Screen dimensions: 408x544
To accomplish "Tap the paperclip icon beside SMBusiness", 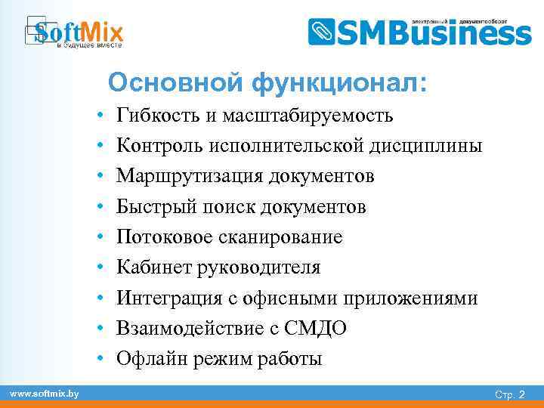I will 322,32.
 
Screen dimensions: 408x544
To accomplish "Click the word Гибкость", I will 155,116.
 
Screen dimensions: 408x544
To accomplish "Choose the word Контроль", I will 159,146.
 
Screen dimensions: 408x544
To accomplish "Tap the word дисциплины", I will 424,146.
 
